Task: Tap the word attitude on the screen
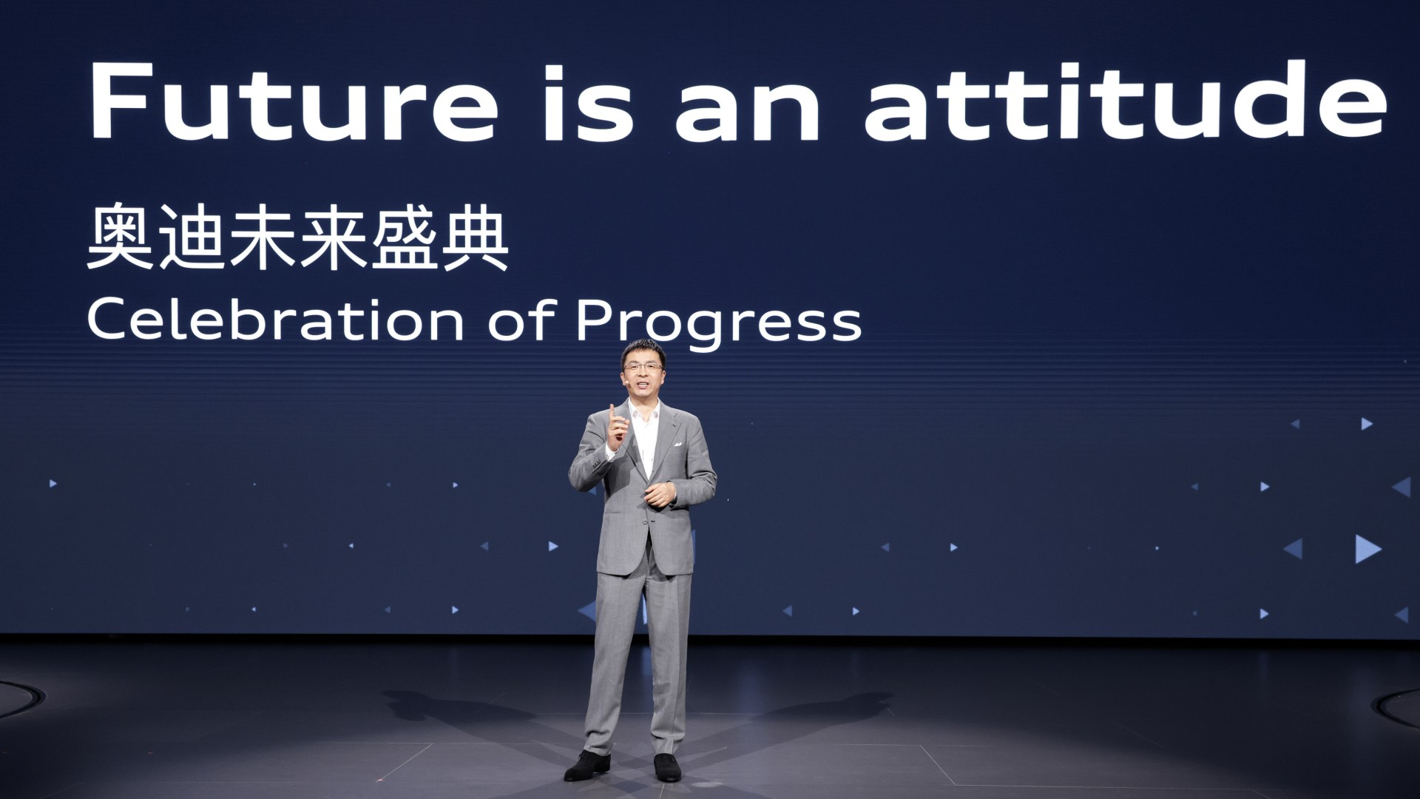[1125, 100]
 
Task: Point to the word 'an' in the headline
[748, 112]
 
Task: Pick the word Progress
[718, 325]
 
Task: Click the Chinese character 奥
[120, 237]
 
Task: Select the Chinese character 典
[476, 237]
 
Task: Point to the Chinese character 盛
[405, 237]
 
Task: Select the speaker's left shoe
[667, 767]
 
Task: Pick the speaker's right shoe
[587, 766]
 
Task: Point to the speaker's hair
[642, 350]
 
